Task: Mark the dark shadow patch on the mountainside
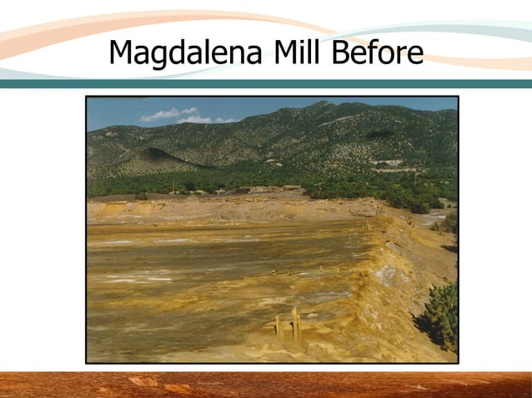[x=379, y=134]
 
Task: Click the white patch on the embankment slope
[x=387, y=274]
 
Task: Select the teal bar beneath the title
[x=266, y=83]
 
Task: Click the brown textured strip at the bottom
[x=266, y=385]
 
